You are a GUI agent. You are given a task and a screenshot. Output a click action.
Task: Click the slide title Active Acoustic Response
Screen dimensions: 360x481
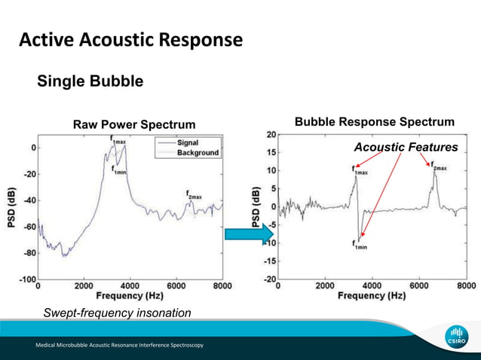pos(130,39)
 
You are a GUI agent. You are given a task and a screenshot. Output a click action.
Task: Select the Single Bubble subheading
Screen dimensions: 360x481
pos(90,81)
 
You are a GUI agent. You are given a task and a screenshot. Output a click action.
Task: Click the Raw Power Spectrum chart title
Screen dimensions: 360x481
pos(133,124)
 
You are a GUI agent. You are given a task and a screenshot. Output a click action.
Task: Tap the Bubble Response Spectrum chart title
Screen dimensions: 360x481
pos(374,122)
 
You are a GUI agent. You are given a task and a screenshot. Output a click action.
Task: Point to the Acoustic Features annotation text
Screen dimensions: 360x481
pos(406,147)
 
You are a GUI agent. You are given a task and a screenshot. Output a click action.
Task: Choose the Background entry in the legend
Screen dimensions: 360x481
pos(198,152)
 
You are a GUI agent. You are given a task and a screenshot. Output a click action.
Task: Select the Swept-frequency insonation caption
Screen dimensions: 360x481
pos(117,312)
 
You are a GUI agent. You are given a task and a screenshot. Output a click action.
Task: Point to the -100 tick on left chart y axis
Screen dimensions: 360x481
pos(26,279)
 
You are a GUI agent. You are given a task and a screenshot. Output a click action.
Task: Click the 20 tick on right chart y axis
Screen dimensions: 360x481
pos(270,134)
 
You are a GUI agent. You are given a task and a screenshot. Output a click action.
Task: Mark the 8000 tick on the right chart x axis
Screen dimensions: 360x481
pos(465,286)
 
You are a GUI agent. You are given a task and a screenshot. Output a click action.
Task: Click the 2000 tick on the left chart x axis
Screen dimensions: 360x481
pos(84,286)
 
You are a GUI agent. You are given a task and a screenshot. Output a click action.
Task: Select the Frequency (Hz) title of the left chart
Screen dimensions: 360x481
pos(129,297)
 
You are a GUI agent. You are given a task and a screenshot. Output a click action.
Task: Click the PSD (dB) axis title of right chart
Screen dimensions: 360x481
pos(255,207)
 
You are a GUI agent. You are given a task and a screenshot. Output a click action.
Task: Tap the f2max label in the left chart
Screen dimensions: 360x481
pos(194,194)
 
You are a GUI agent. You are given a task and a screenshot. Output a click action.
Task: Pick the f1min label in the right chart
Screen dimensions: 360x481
pos(360,243)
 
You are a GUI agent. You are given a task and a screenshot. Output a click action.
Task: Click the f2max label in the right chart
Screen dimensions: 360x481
pos(439,167)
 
